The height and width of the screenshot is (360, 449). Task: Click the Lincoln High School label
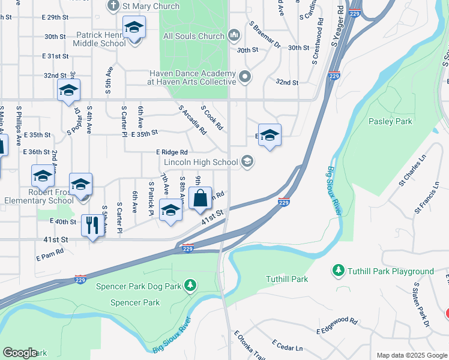tap(200, 162)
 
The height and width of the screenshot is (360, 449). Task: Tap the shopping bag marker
tap(200, 198)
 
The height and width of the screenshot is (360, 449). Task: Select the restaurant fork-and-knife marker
tap(92, 226)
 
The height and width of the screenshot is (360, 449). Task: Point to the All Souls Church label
tap(193, 37)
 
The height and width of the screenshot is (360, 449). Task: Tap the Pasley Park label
tap(390, 121)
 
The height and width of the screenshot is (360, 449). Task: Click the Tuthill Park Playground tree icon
tap(339, 271)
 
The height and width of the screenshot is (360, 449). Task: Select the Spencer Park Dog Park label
tap(139, 286)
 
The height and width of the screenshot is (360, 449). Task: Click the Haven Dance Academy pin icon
tap(245, 77)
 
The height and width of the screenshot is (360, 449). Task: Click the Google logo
tap(20, 353)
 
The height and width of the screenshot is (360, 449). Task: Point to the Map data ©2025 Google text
tap(411, 355)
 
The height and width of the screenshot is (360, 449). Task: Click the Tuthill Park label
tap(287, 279)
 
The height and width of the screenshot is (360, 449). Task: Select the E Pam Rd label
tap(50, 254)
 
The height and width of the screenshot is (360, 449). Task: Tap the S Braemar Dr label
tap(265, 34)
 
